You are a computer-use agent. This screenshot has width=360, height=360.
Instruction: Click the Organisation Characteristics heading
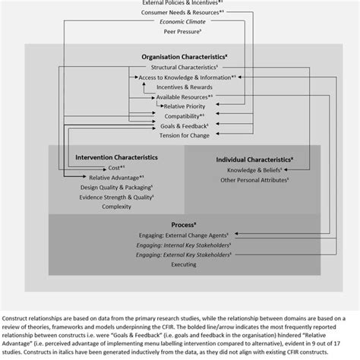point(180,56)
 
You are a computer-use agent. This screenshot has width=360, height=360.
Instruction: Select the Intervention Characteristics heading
point(116,156)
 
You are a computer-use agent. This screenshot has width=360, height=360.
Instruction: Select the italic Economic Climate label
point(180,23)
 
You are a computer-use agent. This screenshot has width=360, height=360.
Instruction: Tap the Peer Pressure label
point(180,33)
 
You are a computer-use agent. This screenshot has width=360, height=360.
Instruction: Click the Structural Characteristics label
point(180,68)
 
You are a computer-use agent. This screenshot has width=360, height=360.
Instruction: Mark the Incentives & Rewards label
point(180,87)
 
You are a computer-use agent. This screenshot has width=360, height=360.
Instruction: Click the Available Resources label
point(182,96)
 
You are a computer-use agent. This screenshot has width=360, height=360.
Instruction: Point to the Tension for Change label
point(180,135)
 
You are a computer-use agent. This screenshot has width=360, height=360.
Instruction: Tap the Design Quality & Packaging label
point(116,186)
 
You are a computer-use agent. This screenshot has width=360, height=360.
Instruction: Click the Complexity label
point(116,206)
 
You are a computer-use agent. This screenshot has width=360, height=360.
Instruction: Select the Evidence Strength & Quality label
point(116,196)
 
